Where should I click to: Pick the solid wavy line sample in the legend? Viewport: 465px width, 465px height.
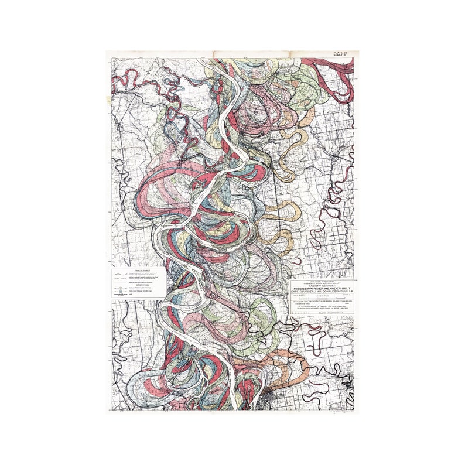tap(120, 274)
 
